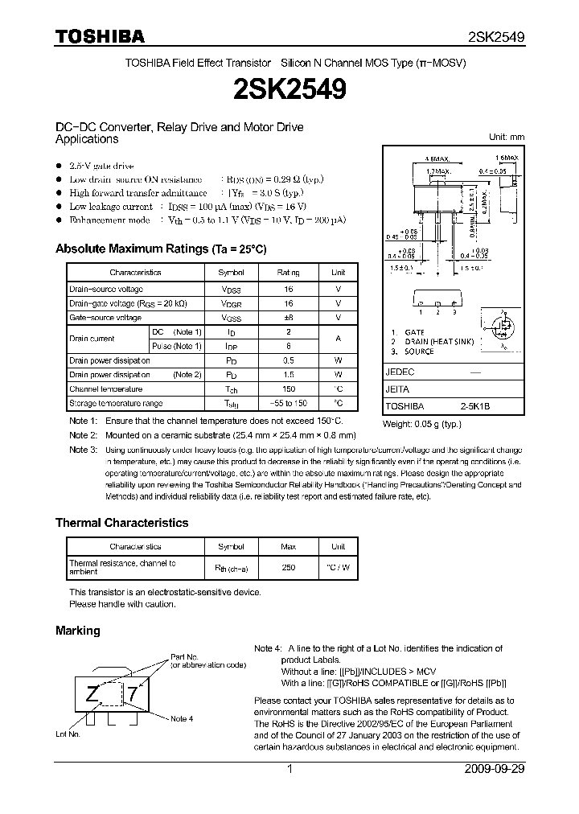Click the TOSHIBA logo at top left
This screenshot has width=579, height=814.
click(x=100, y=37)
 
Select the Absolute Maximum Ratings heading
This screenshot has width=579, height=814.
click(x=160, y=249)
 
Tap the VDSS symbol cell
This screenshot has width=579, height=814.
click(x=231, y=289)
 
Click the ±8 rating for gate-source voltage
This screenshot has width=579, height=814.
click(x=288, y=318)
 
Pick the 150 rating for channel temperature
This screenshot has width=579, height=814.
click(x=288, y=389)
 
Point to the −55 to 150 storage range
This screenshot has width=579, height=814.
click(x=288, y=404)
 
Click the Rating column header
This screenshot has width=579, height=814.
click(x=288, y=273)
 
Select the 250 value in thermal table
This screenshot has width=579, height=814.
click(x=288, y=568)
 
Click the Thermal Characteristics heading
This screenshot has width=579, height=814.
click(x=121, y=523)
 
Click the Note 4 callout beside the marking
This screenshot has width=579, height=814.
click(x=182, y=718)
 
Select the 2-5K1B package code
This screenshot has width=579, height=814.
click(x=474, y=407)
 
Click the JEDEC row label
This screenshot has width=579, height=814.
click(x=400, y=372)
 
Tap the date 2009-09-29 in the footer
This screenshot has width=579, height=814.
click(x=495, y=769)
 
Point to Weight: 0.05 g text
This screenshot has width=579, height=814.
click(x=421, y=423)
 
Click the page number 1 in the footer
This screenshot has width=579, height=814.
click(x=289, y=769)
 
